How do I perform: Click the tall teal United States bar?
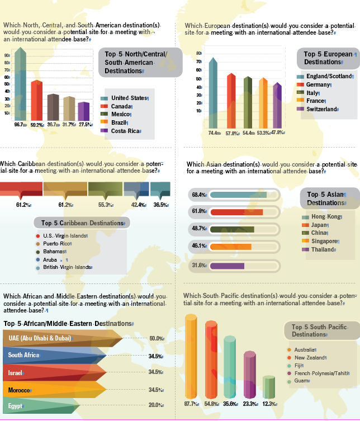20,84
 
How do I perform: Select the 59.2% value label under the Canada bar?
37,125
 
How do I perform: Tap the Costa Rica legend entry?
121,131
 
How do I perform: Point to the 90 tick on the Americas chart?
7,55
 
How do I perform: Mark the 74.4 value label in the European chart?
214,133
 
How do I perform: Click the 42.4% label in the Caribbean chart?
139,205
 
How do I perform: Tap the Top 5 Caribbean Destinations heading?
82,223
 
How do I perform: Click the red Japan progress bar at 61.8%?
236,212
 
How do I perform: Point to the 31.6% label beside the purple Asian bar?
199,265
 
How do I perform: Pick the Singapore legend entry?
320,241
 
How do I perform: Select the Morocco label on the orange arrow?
20,390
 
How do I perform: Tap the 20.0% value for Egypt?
156,405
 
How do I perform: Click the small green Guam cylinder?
269,387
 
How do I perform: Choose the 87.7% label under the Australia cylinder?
191,404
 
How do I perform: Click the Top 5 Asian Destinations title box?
330,198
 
